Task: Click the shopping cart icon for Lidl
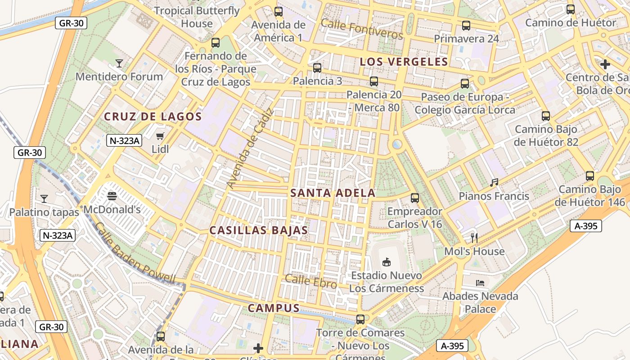(160, 136)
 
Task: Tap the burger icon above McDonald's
(112, 196)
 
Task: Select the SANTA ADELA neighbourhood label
(333, 193)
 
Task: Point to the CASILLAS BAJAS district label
(259, 230)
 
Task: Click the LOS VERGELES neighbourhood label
(404, 62)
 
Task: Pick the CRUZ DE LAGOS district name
(153, 117)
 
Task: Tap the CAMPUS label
(274, 308)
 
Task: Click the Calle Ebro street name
(311, 281)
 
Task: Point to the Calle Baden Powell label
(135, 254)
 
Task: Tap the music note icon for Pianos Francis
(494, 183)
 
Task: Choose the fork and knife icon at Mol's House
(474, 238)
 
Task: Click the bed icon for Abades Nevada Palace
(480, 283)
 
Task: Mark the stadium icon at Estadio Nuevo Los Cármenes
(386, 262)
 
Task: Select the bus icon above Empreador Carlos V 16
(415, 198)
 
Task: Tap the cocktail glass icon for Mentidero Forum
(119, 63)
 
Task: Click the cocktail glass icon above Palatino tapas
(44, 198)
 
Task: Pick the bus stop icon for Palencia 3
(317, 68)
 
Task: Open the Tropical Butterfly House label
(197, 17)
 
